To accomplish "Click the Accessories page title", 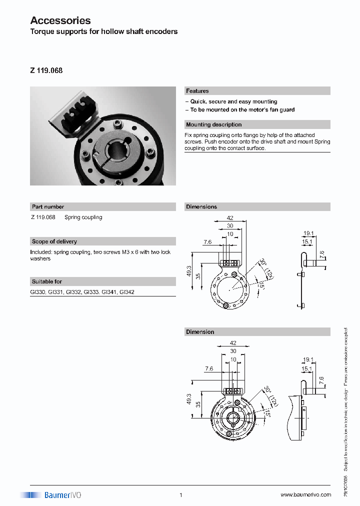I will [60, 20].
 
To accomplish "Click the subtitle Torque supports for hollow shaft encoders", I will [104, 31].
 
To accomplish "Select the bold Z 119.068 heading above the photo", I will [46, 70].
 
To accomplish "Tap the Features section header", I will [197, 91].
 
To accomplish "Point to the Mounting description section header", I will [213, 124].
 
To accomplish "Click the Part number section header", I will [48, 206].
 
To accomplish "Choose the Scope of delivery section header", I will [54, 241].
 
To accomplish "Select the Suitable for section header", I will [47, 281].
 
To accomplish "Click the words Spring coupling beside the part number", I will [83, 217].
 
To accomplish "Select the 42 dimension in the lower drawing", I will [232, 343].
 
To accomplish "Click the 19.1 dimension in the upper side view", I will [308, 233].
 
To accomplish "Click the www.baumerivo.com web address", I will [305, 495].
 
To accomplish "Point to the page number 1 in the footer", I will [180, 495].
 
